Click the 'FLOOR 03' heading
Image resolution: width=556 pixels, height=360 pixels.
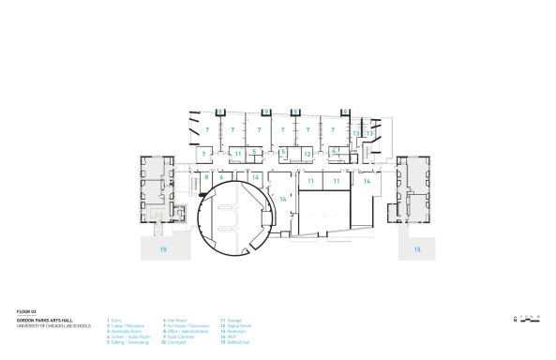click(x=25, y=310)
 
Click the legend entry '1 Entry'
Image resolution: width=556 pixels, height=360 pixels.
click(x=115, y=320)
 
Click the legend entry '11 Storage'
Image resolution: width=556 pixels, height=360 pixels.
click(x=231, y=320)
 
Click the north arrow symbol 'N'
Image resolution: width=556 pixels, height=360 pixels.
click(x=515, y=320)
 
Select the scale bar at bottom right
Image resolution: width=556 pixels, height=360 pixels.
click(x=533, y=318)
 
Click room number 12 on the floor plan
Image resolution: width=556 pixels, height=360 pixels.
click(x=307, y=153)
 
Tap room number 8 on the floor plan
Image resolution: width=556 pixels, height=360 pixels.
click(x=205, y=176)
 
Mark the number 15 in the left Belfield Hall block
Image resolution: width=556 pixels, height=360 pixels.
click(x=163, y=250)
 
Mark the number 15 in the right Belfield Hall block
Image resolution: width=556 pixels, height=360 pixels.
click(x=417, y=250)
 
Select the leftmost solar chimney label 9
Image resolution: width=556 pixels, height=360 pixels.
click(x=219, y=111)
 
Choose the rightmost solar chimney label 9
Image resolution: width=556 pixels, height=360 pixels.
click(x=345, y=111)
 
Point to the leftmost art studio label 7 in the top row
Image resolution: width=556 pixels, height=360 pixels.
click(x=194, y=129)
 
